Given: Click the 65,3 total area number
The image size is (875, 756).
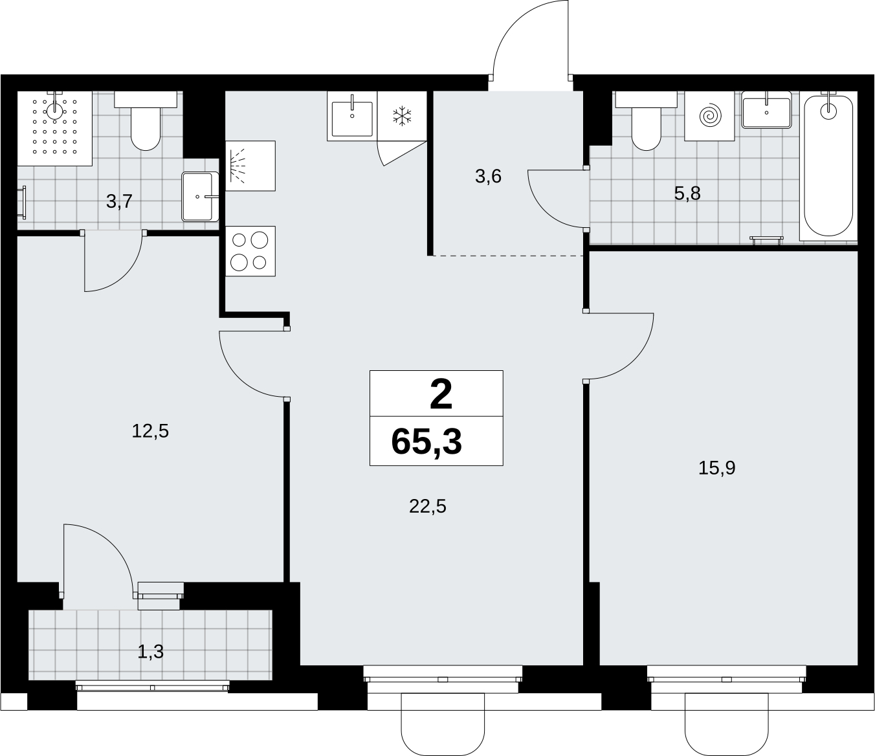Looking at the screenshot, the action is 426,442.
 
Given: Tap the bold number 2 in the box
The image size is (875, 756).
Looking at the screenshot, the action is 441,395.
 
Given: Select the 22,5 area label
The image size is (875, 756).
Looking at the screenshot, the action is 428,506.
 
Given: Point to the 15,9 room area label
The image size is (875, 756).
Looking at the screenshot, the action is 716,468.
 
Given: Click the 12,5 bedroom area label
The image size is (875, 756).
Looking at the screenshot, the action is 150,431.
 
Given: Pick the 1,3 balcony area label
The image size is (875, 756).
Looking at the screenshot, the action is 151,651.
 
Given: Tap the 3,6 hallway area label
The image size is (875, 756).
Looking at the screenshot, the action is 488,176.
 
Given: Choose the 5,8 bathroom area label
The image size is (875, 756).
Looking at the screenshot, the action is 687,194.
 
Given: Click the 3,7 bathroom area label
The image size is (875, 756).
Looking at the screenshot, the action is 119,201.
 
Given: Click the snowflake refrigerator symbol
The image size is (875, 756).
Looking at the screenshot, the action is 402,116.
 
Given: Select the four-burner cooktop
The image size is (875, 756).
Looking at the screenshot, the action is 250,251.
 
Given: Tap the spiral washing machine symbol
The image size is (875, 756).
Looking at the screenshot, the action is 709,116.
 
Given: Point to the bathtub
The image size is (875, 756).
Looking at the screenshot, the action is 828,166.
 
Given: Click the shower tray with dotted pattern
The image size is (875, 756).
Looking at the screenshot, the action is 54,128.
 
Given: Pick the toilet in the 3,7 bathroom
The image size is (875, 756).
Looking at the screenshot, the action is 146,120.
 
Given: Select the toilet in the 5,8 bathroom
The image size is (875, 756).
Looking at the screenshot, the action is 646,120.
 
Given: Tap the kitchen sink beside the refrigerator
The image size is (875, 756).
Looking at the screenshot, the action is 352,116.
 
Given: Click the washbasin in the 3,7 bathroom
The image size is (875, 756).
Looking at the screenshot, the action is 200,196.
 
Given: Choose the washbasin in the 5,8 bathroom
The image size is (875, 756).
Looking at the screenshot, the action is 766,110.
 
